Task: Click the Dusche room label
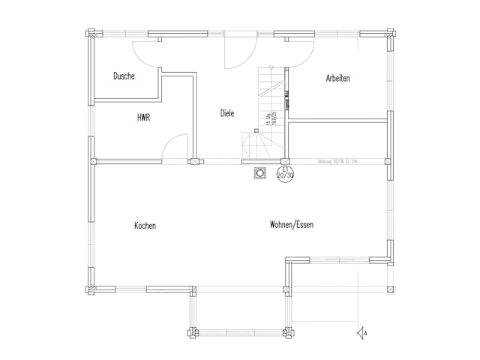[124, 76]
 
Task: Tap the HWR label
[143, 118]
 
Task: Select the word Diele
[227, 113]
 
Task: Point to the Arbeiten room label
[338, 78]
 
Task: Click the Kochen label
[145, 226]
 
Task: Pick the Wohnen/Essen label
[292, 224]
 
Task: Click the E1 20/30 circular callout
[285, 174]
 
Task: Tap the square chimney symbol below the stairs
[260, 173]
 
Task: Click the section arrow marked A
[362, 331]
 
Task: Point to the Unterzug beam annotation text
[335, 160]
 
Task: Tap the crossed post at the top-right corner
[388, 33]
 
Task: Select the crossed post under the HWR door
[195, 160]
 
